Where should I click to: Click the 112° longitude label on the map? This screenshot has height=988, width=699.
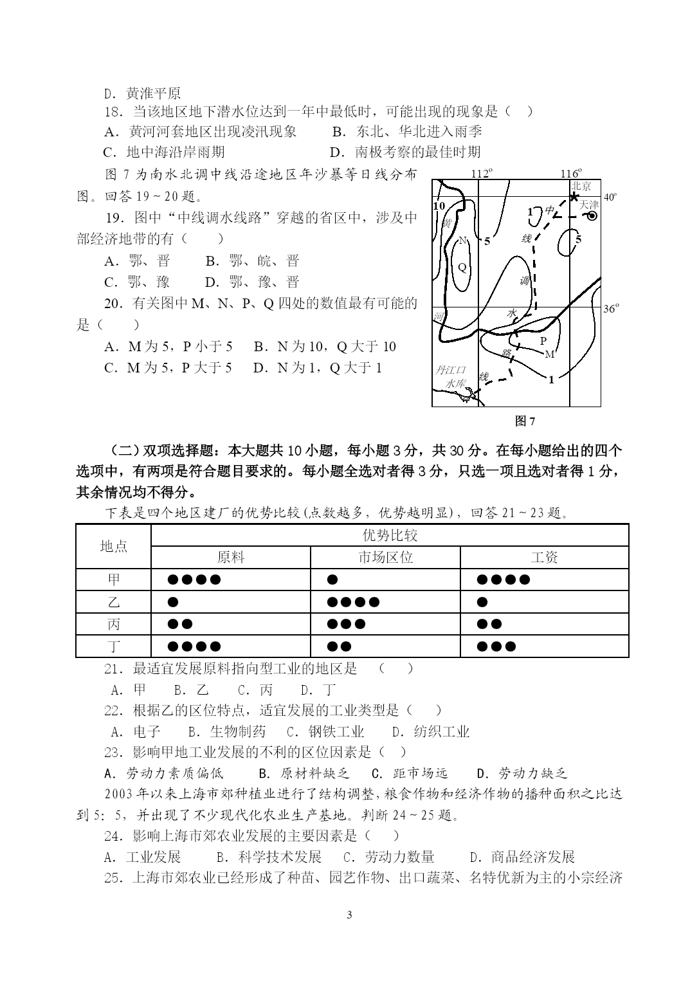click(x=481, y=174)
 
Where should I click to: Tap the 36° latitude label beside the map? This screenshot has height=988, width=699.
click(x=610, y=309)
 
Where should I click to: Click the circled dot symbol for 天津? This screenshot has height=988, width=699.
click(x=592, y=216)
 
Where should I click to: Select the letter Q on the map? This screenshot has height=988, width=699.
click(x=461, y=267)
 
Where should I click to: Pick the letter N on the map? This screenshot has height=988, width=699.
click(x=461, y=241)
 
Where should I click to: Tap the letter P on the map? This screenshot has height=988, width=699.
click(x=543, y=341)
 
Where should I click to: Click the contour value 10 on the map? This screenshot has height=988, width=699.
click(x=439, y=206)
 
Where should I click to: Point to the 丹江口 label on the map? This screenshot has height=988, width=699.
click(x=450, y=370)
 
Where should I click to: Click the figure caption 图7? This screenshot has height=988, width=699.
click(x=525, y=421)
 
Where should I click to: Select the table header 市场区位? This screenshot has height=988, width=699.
click(x=385, y=557)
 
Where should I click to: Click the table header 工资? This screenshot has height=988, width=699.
click(x=544, y=557)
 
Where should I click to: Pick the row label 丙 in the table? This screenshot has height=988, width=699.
click(x=114, y=624)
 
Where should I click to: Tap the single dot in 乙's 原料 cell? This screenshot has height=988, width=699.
click(x=172, y=602)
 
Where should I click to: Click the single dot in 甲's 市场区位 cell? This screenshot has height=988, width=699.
click(x=332, y=580)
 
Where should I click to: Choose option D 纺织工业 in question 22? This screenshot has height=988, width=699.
click(x=431, y=731)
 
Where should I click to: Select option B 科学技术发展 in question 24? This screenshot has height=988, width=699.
click(x=269, y=857)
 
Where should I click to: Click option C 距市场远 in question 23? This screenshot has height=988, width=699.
click(x=410, y=773)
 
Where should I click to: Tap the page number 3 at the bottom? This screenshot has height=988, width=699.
click(x=349, y=915)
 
